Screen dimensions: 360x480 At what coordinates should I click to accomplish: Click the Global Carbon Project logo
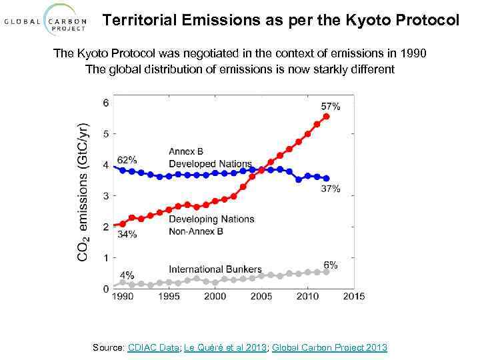click(46, 21)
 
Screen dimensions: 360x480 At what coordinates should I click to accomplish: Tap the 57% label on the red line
click(330, 107)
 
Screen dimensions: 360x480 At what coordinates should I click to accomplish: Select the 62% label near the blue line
click(127, 160)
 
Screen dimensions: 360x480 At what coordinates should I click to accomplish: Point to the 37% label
click(330, 189)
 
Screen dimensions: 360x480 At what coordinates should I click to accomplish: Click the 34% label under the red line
click(127, 234)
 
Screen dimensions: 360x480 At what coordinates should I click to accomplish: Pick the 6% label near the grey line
click(331, 265)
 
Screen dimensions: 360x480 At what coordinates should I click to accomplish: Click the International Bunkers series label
click(215, 269)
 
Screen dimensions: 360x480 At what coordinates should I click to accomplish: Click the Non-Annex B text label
click(196, 231)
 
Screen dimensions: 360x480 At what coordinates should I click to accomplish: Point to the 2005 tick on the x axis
click(261, 296)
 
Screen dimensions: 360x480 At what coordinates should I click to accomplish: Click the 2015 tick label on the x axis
click(354, 296)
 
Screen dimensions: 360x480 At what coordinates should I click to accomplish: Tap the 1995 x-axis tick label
click(168, 296)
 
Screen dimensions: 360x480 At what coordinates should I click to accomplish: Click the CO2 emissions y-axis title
click(83, 191)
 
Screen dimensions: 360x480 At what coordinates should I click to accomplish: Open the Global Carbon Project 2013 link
click(329, 347)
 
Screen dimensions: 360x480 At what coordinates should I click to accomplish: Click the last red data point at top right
click(326, 116)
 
